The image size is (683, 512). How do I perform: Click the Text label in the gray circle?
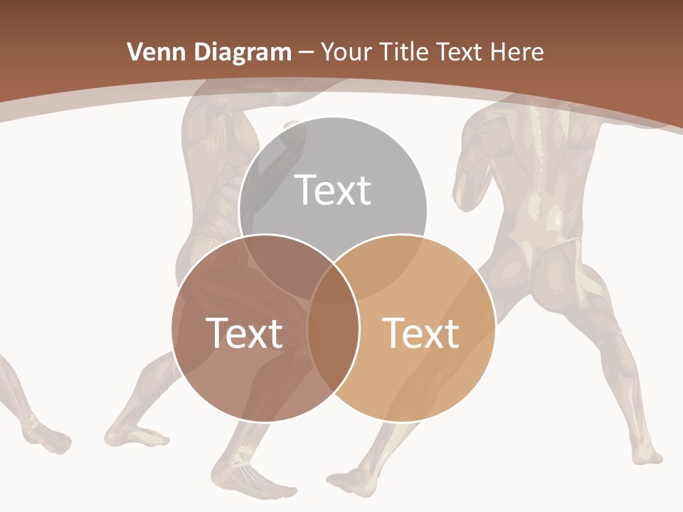point(333,190)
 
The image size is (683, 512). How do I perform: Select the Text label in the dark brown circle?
point(244,333)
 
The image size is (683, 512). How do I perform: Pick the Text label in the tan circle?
point(421,333)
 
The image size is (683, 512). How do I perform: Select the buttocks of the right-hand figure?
point(541,263)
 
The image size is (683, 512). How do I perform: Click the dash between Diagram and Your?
point(306,53)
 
